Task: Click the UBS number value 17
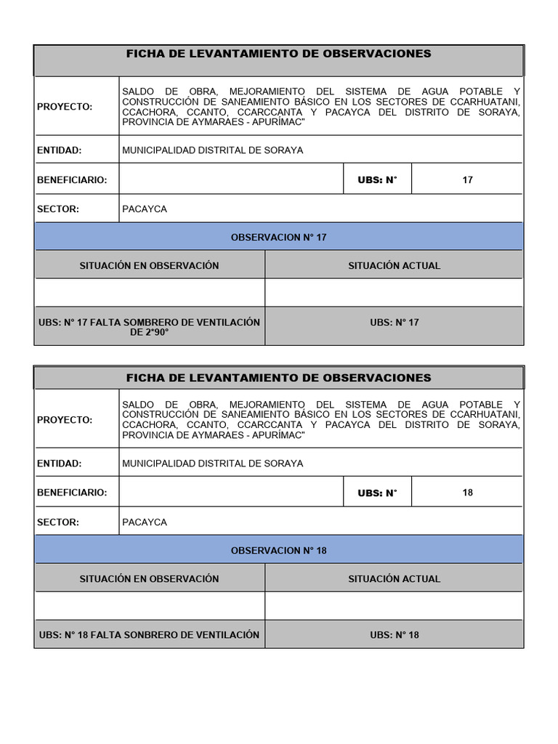[467, 179]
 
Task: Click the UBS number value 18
[467, 493]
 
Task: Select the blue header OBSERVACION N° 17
[278, 238]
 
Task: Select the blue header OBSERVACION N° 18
[278, 551]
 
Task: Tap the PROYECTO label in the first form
[65, 107]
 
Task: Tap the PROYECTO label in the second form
[65, 420]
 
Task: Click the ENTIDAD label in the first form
[60, 150]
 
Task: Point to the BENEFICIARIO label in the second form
[72, 493]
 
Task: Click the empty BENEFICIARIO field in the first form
[231, 179]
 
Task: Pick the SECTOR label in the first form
[58, 209]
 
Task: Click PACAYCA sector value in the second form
[145, 522]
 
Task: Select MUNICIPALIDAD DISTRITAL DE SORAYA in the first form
[213, 150]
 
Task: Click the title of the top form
[278, 54]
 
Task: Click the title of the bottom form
[278, 378]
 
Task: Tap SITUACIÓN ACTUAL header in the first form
[394, 266]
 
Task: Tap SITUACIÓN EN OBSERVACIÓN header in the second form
[149, 579]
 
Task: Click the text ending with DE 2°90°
[149, 327]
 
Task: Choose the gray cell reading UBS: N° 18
[394, 635]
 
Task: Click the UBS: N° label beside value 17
[377, 180]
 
